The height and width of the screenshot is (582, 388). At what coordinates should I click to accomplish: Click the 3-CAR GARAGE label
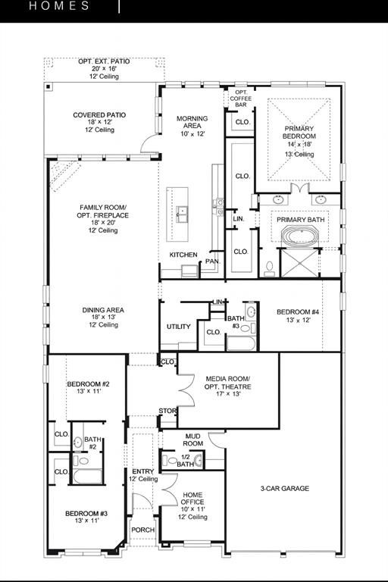coord(284,489)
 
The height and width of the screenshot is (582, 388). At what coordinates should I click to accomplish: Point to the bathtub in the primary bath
coord(299,236)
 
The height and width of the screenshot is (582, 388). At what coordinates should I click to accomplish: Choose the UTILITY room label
coord(179,327)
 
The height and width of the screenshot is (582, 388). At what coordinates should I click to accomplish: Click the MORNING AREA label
coord(192,126)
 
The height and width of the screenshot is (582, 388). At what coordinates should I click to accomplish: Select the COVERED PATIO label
coord(99,122)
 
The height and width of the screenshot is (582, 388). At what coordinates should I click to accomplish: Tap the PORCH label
coord(142,530)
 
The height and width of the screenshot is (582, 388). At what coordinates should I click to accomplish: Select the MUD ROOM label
coord(193,440)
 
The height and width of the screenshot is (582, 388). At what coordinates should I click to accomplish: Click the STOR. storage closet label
coord(167,411)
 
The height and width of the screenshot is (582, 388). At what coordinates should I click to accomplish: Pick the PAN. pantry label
coord(213,261)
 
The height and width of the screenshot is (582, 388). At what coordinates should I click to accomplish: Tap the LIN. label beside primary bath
coord(239,219)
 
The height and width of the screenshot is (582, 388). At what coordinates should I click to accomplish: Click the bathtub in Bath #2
coord(83,477)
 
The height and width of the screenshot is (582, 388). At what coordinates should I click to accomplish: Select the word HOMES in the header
coord(60,6)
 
